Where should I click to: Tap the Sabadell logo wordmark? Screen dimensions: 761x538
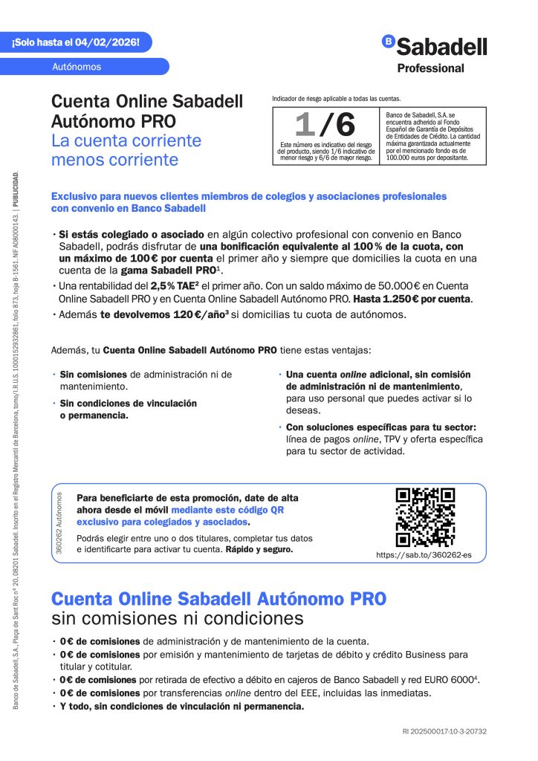coord(441,47)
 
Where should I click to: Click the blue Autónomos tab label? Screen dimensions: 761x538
coord(77,66)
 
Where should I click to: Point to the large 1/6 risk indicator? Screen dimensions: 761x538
coord(325,124)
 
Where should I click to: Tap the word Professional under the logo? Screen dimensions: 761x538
coord(431,68)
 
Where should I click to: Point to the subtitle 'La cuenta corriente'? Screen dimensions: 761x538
coord(126,140)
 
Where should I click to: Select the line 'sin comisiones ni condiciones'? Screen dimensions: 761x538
coord(178,618)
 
